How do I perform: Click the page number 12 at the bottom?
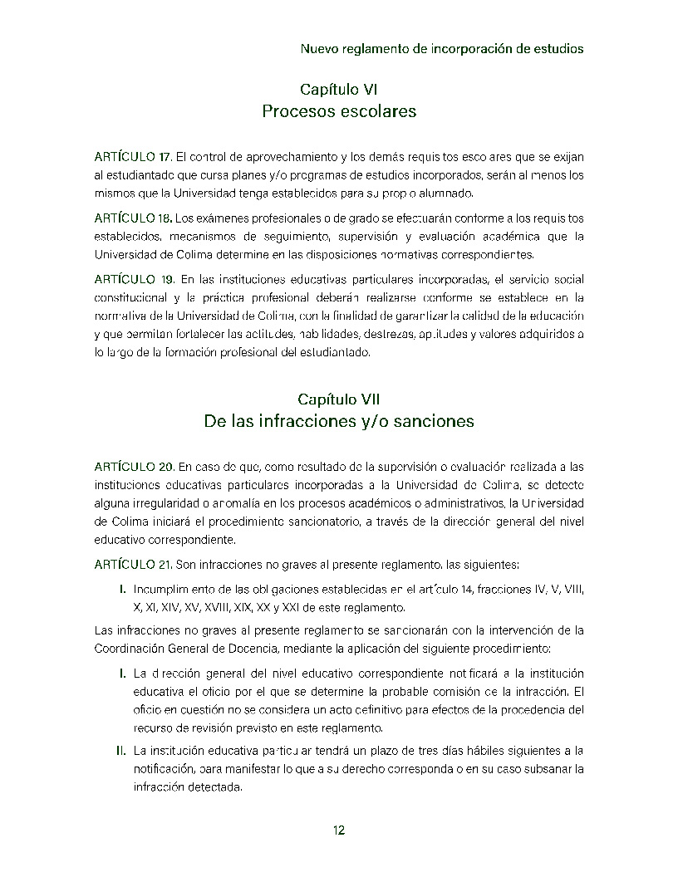(339, 830)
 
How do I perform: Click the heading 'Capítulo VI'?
(339, 89)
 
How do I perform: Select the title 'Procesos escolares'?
(339, 110)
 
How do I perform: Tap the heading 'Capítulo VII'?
(339, 399)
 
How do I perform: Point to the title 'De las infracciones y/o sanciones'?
(339, 421)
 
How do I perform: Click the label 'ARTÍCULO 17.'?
(133, 156)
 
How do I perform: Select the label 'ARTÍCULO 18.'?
(133, 218)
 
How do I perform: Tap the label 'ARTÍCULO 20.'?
(134, 466)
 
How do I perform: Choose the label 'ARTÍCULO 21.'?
(133, 565)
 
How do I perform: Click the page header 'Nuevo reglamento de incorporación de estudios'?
(441, 49)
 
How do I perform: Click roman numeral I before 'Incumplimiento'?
(123, 590)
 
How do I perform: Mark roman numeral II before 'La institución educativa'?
(121, 751)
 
